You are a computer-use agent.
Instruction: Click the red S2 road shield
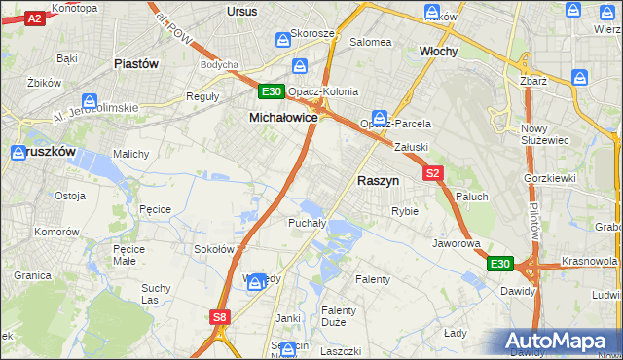pyautogui.click(x=434, y=173)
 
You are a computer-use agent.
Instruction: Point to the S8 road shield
pyautogui.click(x=221, y=316)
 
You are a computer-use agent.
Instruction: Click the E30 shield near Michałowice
pyautogui.click(x=272, y=92)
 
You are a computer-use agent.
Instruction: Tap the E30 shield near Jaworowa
pyautogui.click(x=499, y=264)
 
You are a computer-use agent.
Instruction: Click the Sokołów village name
pyautogui.click(x=215, y=249)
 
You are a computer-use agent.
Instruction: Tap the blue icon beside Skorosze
pyautogui.click(x=283, y=39)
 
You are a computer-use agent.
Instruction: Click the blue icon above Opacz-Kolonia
pyautogui.click(x=301, y=67)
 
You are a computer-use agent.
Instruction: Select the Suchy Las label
pyautogui.click(x=156, y=294)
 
